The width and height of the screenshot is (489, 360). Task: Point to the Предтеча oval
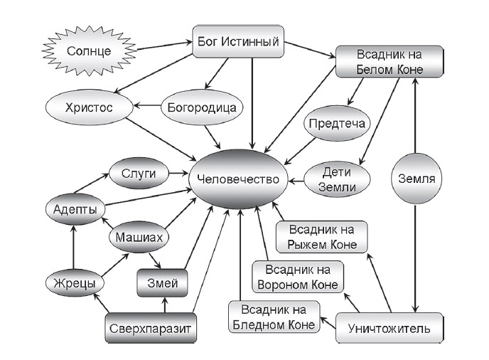(x=337, y=124)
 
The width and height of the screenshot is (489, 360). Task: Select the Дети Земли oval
(x=337, y=179)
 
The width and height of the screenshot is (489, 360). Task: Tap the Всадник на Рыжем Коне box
(x=321, y=237)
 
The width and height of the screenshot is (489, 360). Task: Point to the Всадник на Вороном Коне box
(x=299, y=277)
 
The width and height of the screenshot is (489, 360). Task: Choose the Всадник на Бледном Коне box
(x=274, y=317)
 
